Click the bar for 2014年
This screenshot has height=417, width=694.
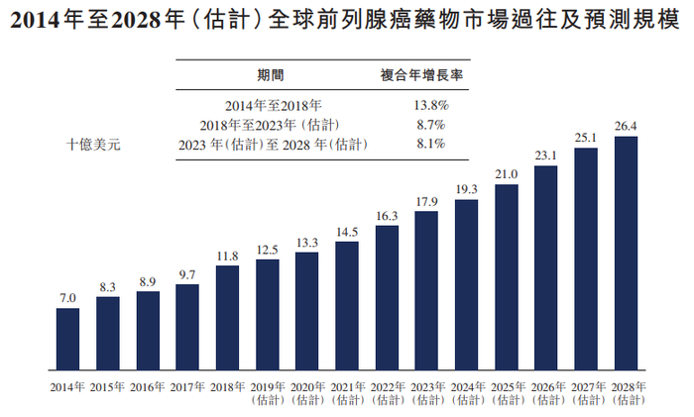point(67,338)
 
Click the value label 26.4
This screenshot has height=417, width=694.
point(626,126)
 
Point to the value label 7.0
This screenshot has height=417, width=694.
point(67,298)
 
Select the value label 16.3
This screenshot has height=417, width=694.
point(387,215)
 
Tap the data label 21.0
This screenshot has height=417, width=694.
point(507,174)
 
